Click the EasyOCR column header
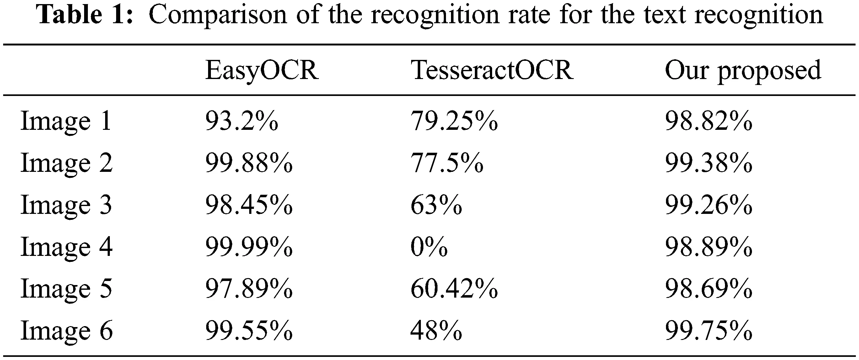pos(262,71)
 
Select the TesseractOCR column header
pos(492,71)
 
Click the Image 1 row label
pos(66,121)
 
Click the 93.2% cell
pos(241,121)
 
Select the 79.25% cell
pos(454,121)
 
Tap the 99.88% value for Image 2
pos(249,163)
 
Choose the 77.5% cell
pos(447,163)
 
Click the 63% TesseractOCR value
pos(436,205)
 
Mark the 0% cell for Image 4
pos(429,247)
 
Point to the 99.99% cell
pos(249,247)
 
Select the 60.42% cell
pos(454,289)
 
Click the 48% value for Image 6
pos(436,331)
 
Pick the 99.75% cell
pos(709,331)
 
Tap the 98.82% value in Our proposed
pos(709,121)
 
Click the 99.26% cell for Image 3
pos(709,205)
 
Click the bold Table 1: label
pos(86,15)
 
